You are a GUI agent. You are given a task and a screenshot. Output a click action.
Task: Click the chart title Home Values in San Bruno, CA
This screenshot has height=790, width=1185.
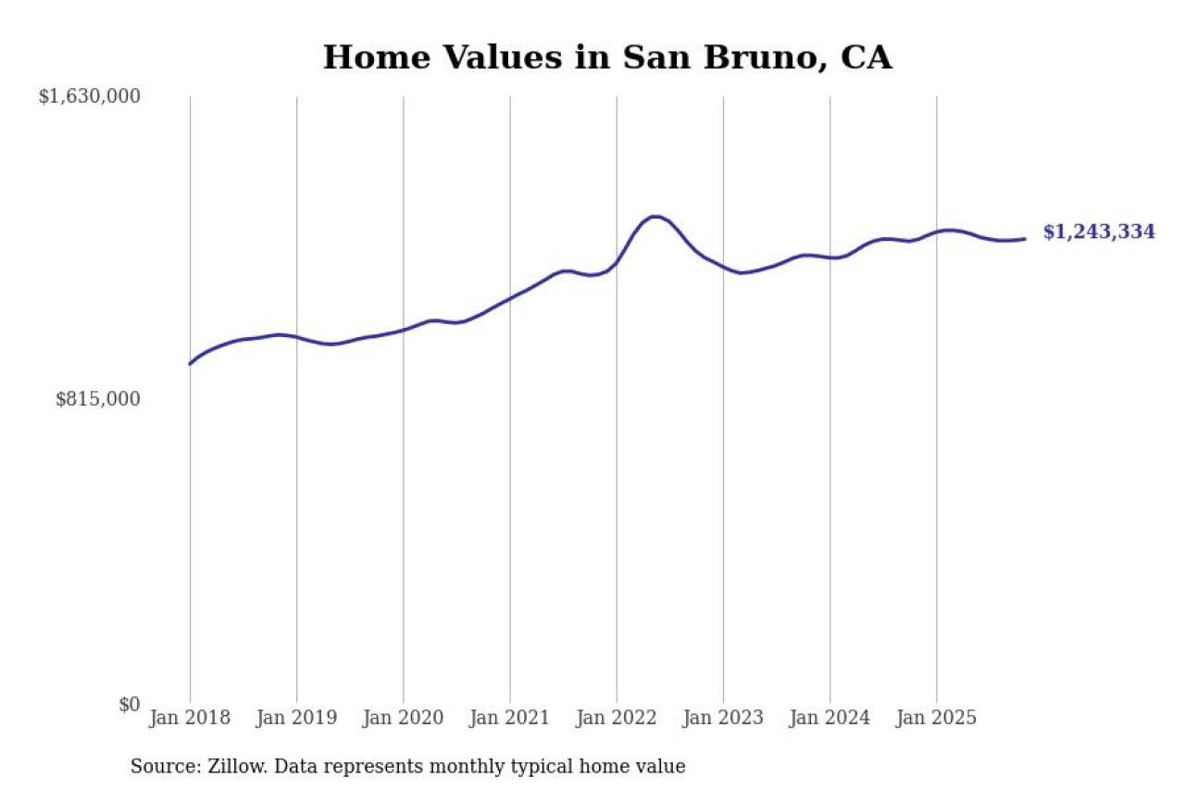coord(606,57)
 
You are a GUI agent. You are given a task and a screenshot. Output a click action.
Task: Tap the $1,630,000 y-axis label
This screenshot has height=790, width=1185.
coord(89,96)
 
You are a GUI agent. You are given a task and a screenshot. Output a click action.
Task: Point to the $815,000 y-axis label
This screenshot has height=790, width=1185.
coord(97,399)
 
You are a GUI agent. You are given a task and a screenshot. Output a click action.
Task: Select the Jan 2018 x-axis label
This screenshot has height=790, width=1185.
coord(190,719)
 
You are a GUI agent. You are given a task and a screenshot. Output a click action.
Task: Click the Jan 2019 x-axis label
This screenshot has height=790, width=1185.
coord(296,719)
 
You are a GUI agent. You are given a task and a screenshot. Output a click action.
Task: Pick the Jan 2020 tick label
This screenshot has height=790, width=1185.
coord(403,719)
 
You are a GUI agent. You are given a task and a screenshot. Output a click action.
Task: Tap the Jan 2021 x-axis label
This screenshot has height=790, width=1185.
coord(509,719)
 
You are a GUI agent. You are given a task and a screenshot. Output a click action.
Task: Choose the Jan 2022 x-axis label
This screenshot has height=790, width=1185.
coord(617,719)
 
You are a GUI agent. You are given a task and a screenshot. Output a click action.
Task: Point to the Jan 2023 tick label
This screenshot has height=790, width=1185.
coord(723,719)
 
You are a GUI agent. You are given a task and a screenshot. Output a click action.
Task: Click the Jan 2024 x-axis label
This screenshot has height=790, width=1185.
coord(829,719)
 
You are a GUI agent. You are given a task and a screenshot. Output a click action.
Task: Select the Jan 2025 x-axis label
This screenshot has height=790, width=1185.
coord(936,719)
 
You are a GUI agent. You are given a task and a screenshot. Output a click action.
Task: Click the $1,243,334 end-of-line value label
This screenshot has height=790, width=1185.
coord(1099,232)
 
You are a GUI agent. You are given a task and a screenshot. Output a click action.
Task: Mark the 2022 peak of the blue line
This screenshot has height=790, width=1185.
coord(655,217)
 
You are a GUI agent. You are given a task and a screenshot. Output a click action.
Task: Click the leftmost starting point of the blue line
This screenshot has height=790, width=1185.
coord(190,364)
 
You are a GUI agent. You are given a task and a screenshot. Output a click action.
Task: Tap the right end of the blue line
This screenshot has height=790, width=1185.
coord(1024,239)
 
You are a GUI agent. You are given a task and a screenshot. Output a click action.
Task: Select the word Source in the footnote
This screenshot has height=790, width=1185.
coord(159,767)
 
